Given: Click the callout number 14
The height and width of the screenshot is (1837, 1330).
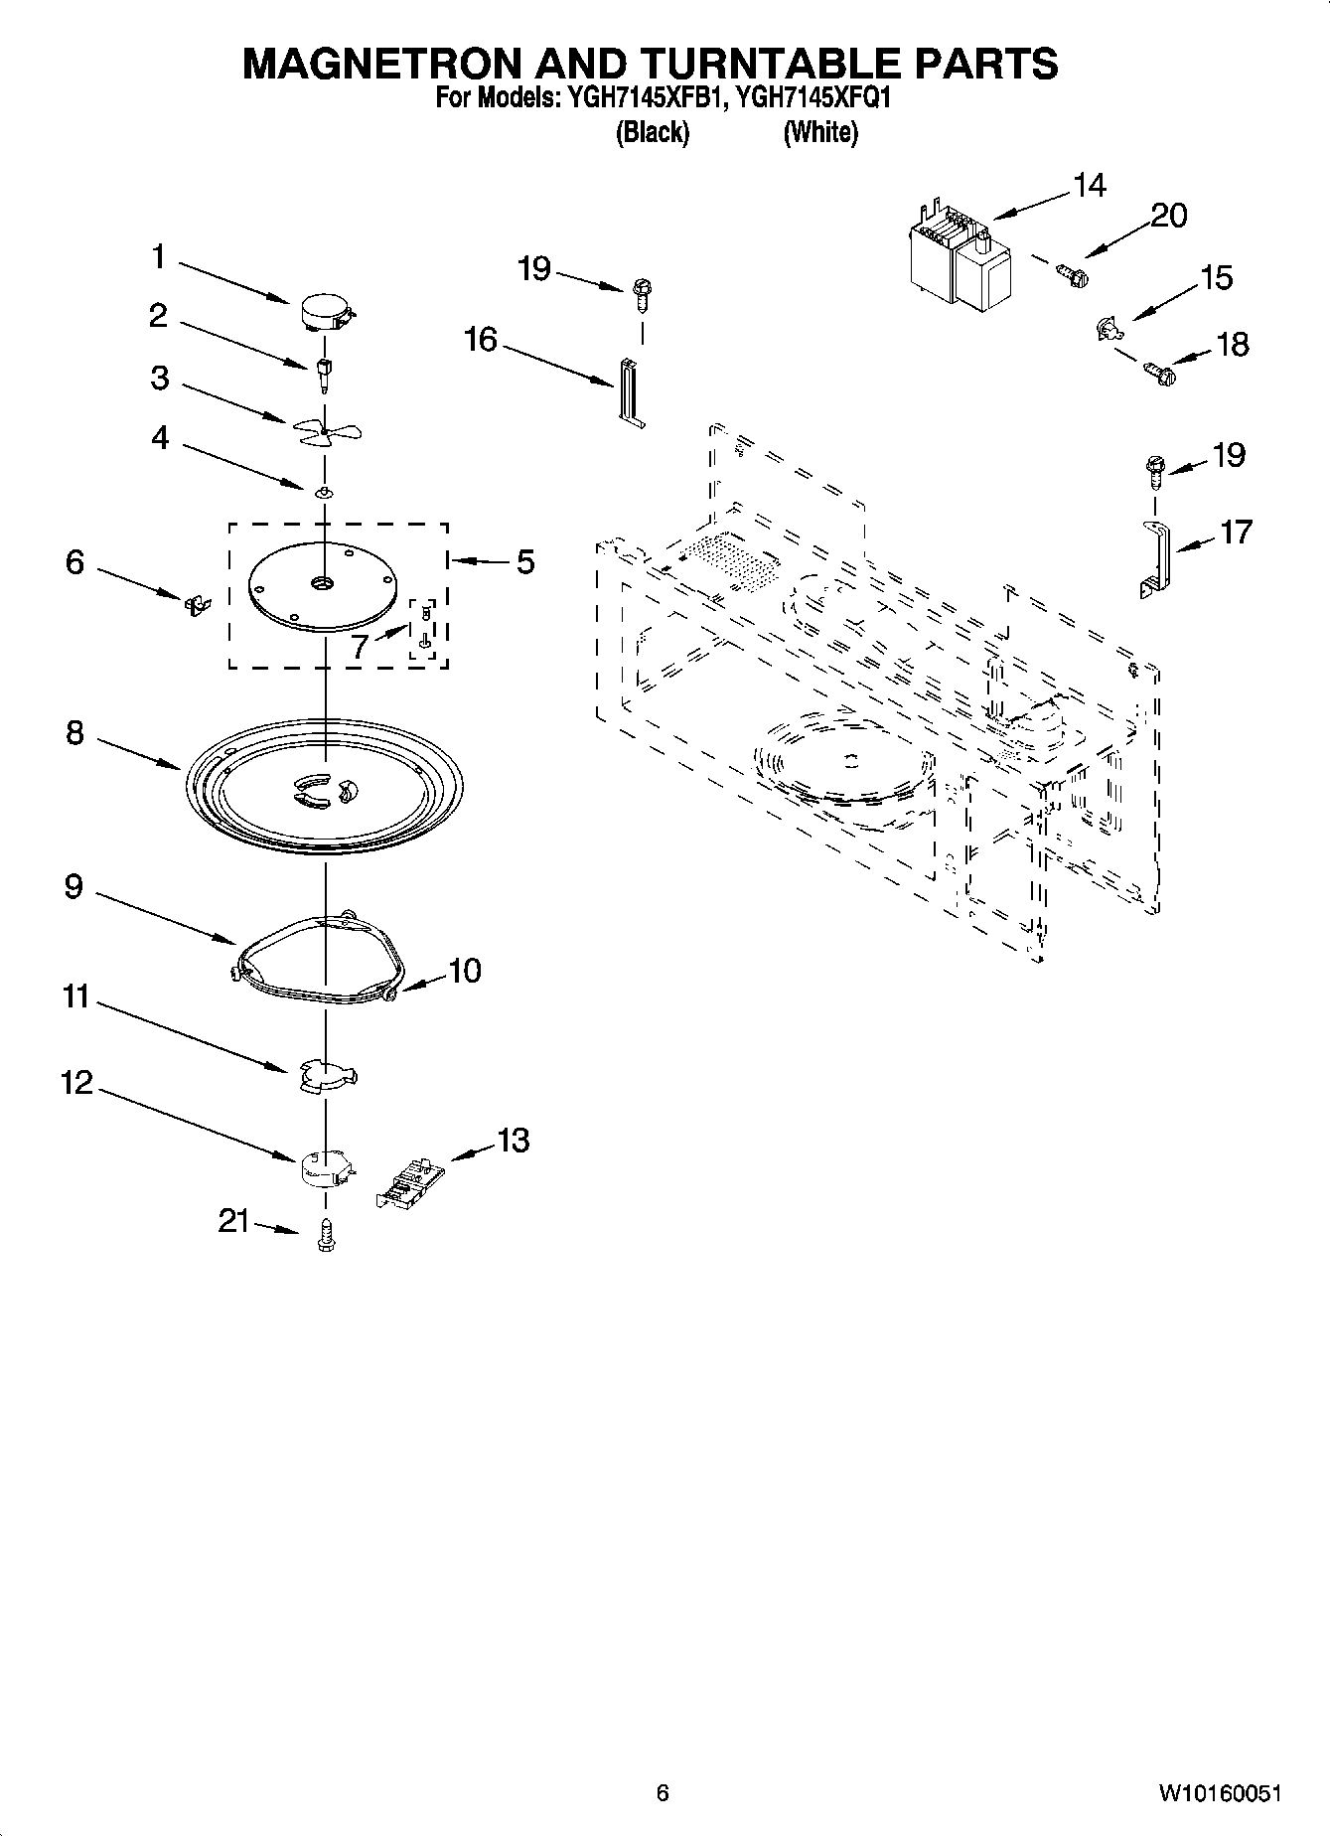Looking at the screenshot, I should tap(1090, 186).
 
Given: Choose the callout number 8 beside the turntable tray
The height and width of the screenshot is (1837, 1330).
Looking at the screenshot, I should tap(75, 733).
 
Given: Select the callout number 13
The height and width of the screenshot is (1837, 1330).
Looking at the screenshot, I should tap(513, 1140).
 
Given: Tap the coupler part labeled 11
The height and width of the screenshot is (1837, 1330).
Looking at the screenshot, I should tap(327, 1076).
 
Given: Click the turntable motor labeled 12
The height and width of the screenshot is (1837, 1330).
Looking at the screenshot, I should tap(326, 1168).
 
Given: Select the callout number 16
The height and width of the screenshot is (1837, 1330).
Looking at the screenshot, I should tap(481, 340).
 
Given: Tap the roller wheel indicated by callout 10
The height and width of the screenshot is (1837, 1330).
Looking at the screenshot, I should tap(390, 990).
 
